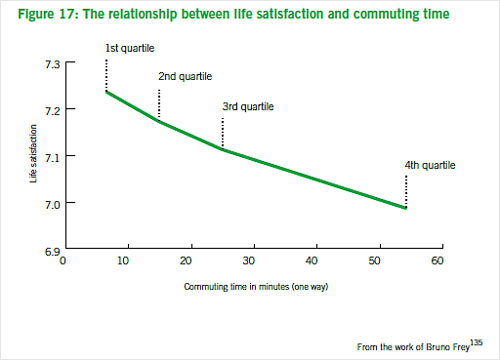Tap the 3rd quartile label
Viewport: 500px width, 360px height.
(x=247, y=106)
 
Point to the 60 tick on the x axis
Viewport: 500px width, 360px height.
(x=438, y=260)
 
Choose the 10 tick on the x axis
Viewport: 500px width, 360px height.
(x=125, y=260)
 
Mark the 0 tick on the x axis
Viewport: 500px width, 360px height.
(x=63, y=260)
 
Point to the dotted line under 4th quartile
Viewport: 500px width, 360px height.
(x=406, y=190)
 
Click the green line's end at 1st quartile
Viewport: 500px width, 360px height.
(x=106, y=92)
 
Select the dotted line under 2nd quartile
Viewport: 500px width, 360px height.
(x=159, y=104)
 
